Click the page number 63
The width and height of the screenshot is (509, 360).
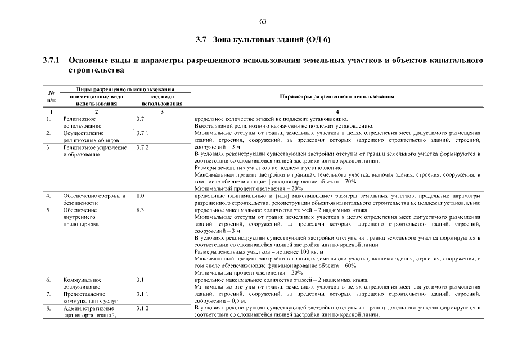(x=263, y=21)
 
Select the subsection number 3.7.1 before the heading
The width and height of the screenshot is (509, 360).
(x=52, y=60)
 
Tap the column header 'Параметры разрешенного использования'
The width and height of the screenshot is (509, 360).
(x=336, y=96)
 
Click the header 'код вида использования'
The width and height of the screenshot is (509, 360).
(x=162, y=100)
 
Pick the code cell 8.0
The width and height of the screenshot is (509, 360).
(x=140, y=196)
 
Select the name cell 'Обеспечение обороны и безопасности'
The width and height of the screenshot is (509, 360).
(x=93, y=199)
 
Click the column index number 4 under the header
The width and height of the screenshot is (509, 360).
(x=336, y=112)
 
